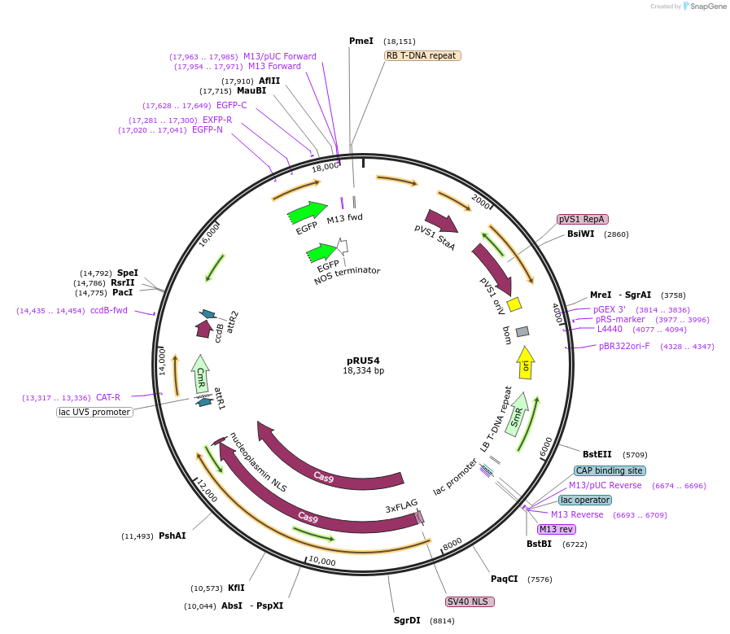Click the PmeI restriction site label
click(x=361, y=41)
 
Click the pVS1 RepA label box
click(x=583, y=219)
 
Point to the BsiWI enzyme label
click(x=580, y=234)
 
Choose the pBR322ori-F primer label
click(x=624, y=346)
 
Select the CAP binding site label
click(x=610, y=470)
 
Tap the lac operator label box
click(x=585, y=500)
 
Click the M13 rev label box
click(x=556, y=529)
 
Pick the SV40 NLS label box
click(x=470, y=601)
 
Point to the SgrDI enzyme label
click(x=407, y=620)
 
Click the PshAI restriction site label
click(x=172, y=536)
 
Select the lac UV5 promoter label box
click(x=94, y=412)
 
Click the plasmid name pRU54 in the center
click(x=363, y=360)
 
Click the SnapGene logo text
click(x=705, y=7)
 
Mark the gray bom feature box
click(x=522, y=331)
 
